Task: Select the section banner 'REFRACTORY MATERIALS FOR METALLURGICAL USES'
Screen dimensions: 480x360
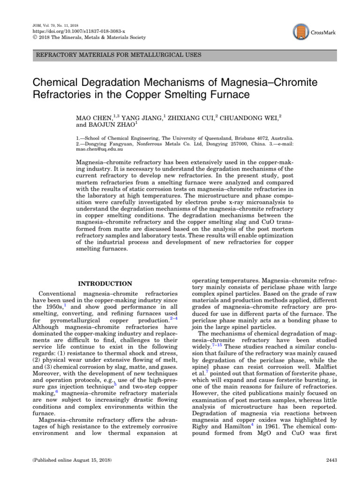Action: tap(119, 55)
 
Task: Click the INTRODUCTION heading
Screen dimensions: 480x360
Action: tap(105, 284)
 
